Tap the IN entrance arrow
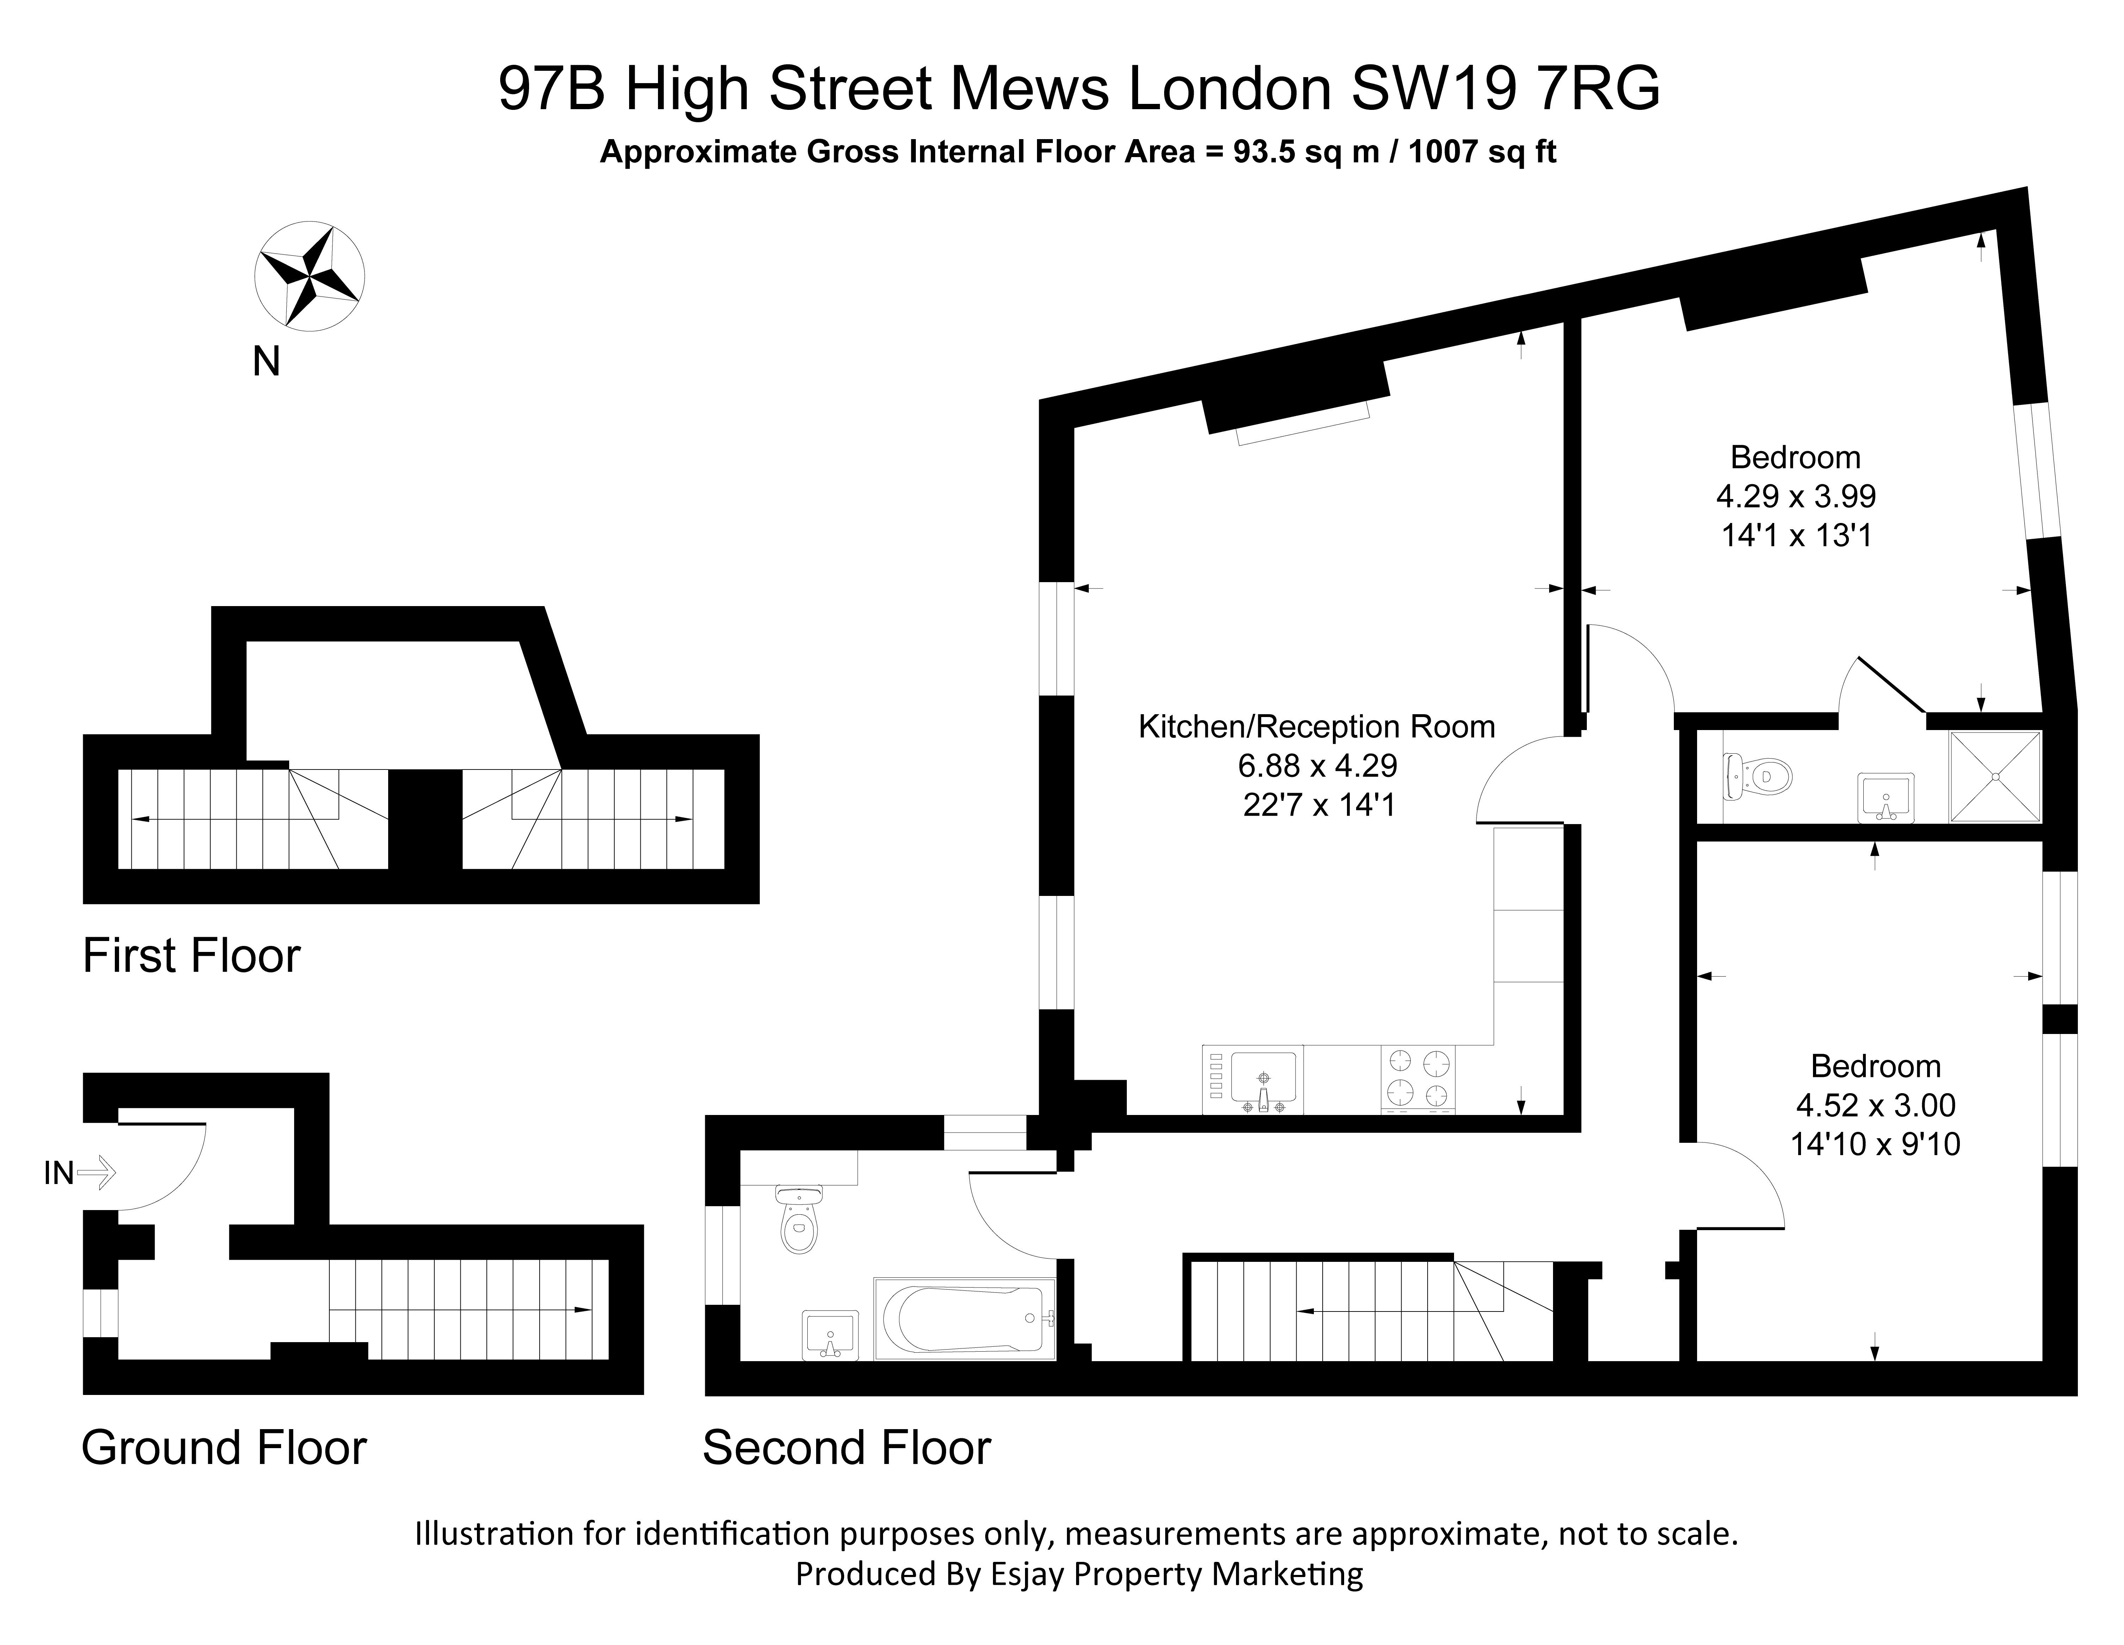click(x=95, y=1173)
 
